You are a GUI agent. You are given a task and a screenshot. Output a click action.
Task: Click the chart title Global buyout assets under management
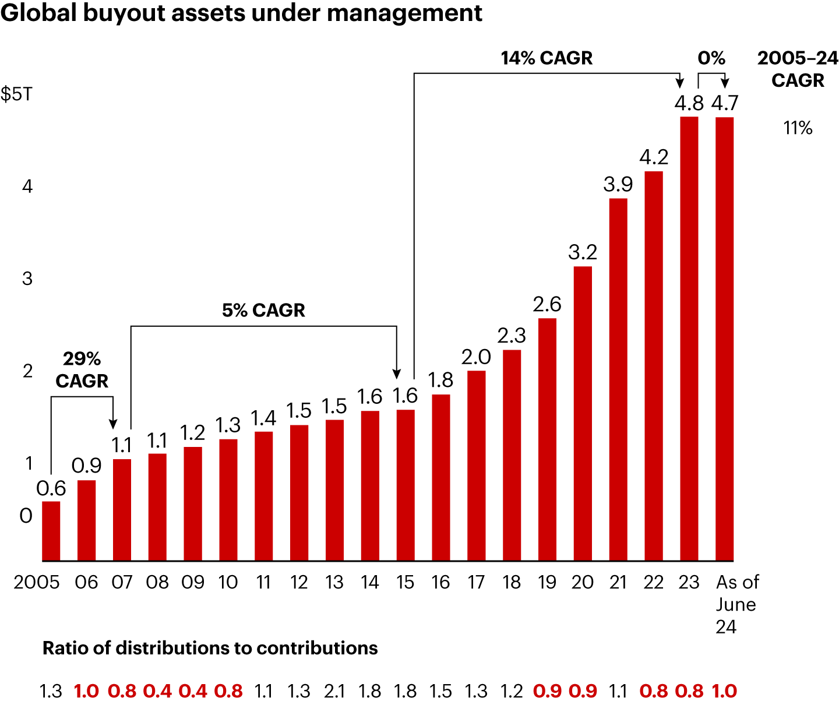coord(241,13)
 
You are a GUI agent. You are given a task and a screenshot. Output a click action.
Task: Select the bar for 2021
coord(618,379)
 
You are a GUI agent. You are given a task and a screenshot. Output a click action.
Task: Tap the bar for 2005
coord(51,530)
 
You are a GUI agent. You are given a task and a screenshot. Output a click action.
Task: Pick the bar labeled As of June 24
coord(724,338)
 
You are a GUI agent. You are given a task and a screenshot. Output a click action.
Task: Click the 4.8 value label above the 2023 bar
coord(689,103)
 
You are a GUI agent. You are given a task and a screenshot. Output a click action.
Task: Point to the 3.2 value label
coord(583,252)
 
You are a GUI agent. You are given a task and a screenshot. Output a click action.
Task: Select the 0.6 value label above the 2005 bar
coord(51,488)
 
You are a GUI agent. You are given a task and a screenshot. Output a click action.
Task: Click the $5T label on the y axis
coord(16,94)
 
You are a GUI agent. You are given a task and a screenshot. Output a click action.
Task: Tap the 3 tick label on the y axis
coord(27,279)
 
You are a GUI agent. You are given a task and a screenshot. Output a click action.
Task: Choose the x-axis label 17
coord(476,582)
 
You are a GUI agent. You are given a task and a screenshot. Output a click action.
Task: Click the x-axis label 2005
coord(37,582)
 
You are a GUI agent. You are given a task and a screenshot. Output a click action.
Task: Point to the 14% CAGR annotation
coord(547,58)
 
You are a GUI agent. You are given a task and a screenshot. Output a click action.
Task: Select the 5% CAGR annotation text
coord(263,310)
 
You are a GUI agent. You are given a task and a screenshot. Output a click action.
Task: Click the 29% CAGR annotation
coord(82,369)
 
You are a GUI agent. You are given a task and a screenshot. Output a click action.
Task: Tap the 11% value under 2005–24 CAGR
coord(798,128)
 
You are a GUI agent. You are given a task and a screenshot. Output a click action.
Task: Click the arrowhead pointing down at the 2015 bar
coord(397,374)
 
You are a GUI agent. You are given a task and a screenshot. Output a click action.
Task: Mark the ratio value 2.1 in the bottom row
coord(334,691)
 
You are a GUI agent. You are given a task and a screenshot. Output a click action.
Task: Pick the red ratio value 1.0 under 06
coord(86,691)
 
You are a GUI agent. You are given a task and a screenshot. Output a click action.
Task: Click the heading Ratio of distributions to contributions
coord(210,648)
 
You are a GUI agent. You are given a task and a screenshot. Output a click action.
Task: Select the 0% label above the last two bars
coord(711,58)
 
